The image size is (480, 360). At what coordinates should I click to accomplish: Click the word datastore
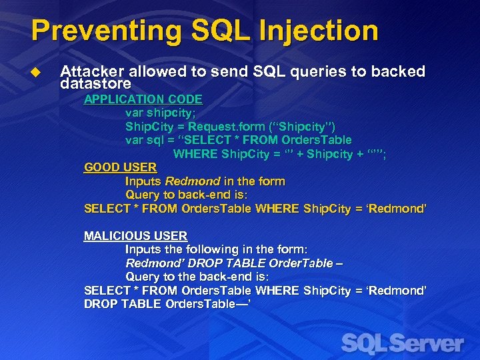pos(95,85)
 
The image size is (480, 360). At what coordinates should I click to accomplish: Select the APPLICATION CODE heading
pos(143,99)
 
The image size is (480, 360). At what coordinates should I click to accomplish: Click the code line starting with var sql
pos(238,140)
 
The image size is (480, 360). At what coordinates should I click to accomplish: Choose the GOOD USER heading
pos(120,167)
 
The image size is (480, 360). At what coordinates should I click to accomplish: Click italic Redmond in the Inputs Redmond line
pos(193,181)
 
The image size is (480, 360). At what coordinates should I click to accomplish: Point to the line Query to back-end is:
pos(186,195)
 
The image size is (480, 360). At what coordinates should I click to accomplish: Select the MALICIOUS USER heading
pos(135,235)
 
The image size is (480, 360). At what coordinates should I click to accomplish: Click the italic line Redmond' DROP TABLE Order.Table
pos(233,263)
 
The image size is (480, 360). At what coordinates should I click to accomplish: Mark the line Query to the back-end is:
pos(197,277)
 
